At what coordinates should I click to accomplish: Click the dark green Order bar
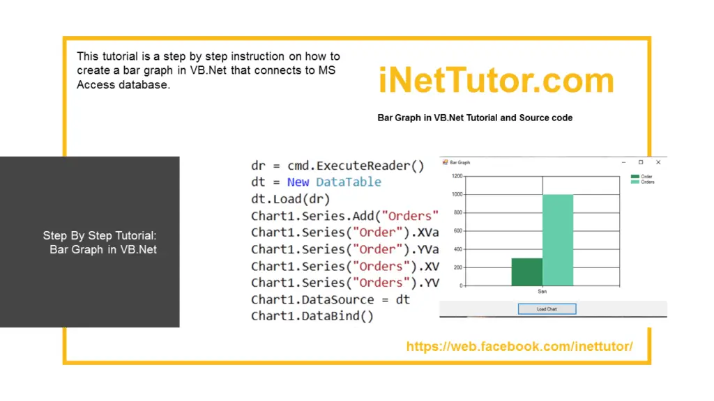click(x=527, y=272)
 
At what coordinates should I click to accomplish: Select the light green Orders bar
click(x=558, y=239)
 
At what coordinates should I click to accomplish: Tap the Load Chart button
click(x=547, y=308)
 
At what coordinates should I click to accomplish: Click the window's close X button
click(x=658, y=162)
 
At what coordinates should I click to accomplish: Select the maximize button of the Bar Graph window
click(x=641, y=162)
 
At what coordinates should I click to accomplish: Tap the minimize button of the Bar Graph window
click(x=624, y=162)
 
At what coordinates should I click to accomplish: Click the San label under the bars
click(x=542, y=291)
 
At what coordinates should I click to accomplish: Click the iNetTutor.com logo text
click(x=496, y=81)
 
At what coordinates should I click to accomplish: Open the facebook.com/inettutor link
click(x=519, y=346)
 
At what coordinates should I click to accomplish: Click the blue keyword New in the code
click(x=298, y=182)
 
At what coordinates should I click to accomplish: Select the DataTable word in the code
click(x=349, y=182)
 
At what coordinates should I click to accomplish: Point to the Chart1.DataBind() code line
click(x=312, y=316)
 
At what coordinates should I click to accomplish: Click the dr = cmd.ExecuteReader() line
click(x=337, y=166)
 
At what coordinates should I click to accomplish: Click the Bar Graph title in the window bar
click(x=459, y=162)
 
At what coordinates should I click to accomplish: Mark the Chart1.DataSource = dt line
click(x=331, y=299)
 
